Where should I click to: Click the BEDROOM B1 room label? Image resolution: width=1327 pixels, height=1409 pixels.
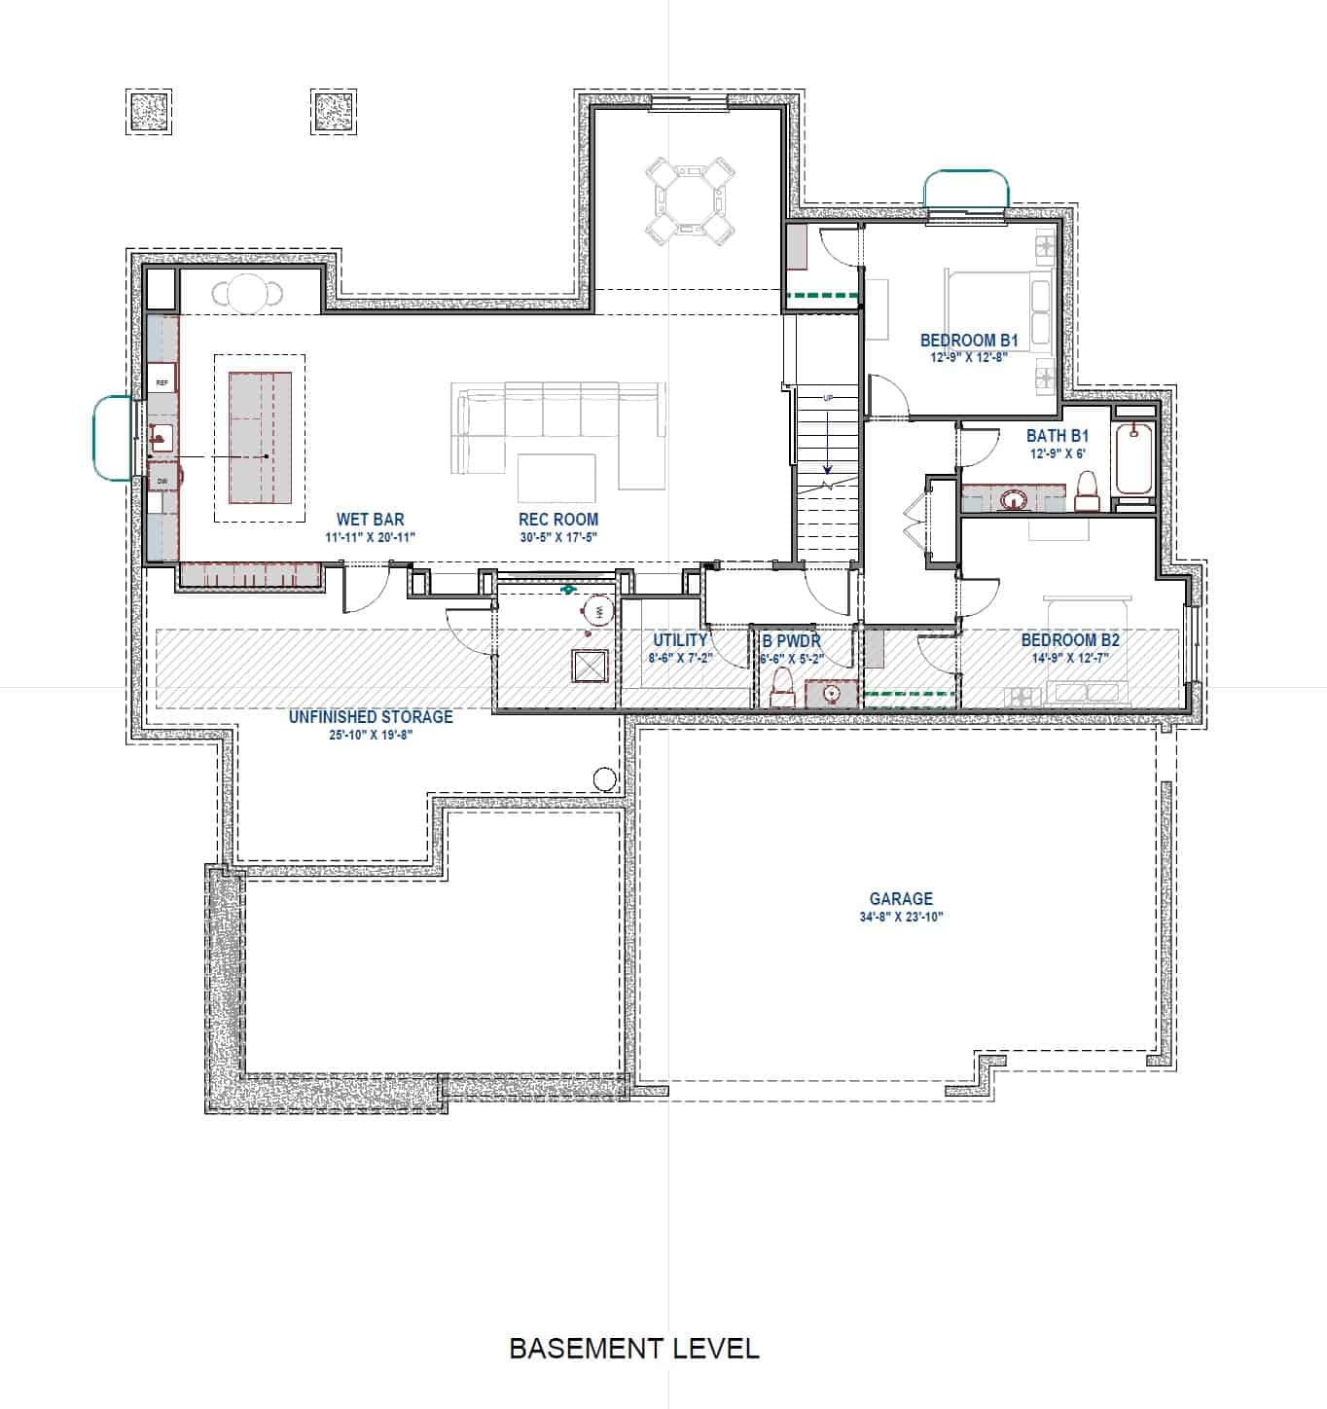pyautogui.click(x=968, y=341)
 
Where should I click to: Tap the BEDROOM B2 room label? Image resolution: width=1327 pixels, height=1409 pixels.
pyautogui.click(x=1070, y=640)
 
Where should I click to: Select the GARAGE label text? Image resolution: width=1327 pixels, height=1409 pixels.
pyautogui.click(x=901, y=899)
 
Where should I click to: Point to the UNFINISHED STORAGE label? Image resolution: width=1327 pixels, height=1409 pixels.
pyautogui.click(x=371, y=717)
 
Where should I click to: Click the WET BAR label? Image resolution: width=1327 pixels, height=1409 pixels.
pyautogui.click(x=370, y=520)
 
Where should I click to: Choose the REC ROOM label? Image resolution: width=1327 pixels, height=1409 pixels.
pyautogui.click(x=557, y=520)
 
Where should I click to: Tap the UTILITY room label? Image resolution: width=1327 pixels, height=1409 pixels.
pyautogui.click(x=680, y=640)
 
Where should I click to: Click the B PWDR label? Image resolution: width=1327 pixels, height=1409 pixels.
pyautogui.click(x=791, y=641)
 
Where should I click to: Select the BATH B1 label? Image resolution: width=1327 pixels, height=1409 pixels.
pyautogui.click(x=1057, y=436)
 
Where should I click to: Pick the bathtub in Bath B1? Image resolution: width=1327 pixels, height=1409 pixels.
pyautogui.click(x=1133, y=459)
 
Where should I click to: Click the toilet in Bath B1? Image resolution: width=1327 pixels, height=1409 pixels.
pyautogui.click(x=1087, y=491)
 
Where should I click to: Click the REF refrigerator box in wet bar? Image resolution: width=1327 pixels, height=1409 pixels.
pyautogui.click(x=162, y=383)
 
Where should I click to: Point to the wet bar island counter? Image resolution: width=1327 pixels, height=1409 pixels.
pyautogui.click(x=260, y=438)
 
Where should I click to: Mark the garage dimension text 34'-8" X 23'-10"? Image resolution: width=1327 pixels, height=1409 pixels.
pyautogui.click(x=901, y=917)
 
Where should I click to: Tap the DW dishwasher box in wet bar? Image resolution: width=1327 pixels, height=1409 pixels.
pyautogui.click(x=162, y=481)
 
